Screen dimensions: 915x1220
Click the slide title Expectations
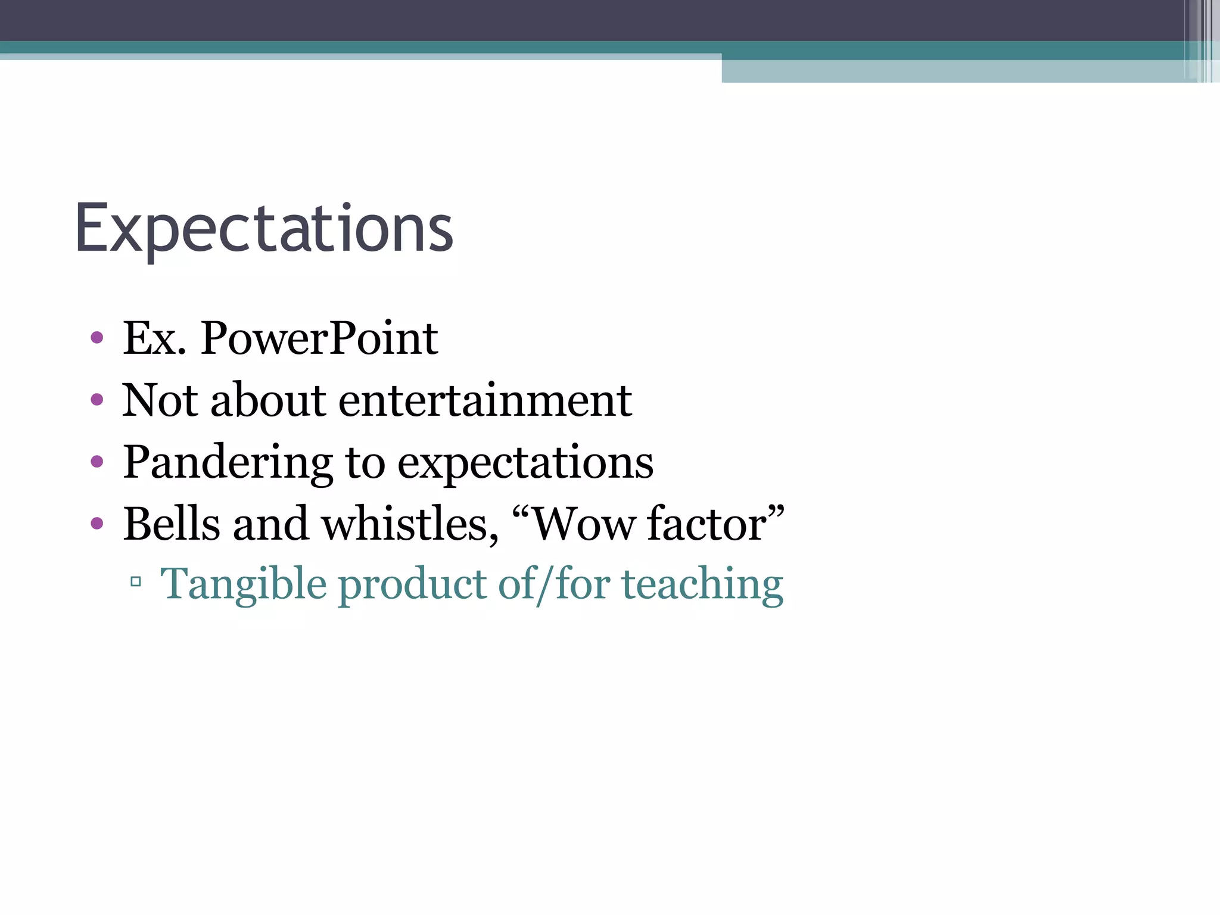click(x=264, y=229)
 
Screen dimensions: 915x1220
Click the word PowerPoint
click(x=319, y=338)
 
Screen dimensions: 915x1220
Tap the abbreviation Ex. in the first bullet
click(x=154, y=338)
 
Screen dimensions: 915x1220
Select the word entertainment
click(x=485, y=400)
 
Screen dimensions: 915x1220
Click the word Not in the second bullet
click(x=160, y=400)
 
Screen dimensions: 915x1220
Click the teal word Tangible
click(x=244, y=585)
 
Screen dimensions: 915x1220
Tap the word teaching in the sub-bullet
click(x=702, y=585)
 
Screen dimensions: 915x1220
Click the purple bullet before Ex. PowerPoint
click(x=97, y=339)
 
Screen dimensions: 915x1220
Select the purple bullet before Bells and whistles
click(x=97, y=524)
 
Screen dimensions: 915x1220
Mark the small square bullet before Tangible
click(x=135, y=581)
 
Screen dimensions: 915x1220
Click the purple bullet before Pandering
click(x=97, y=462)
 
